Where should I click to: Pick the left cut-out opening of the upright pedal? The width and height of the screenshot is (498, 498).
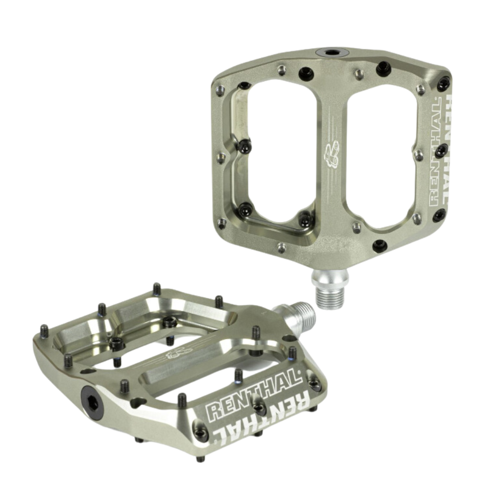277,152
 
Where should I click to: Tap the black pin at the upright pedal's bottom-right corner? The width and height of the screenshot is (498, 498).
439,215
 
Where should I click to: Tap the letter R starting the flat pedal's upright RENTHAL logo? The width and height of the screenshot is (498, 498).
217,410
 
